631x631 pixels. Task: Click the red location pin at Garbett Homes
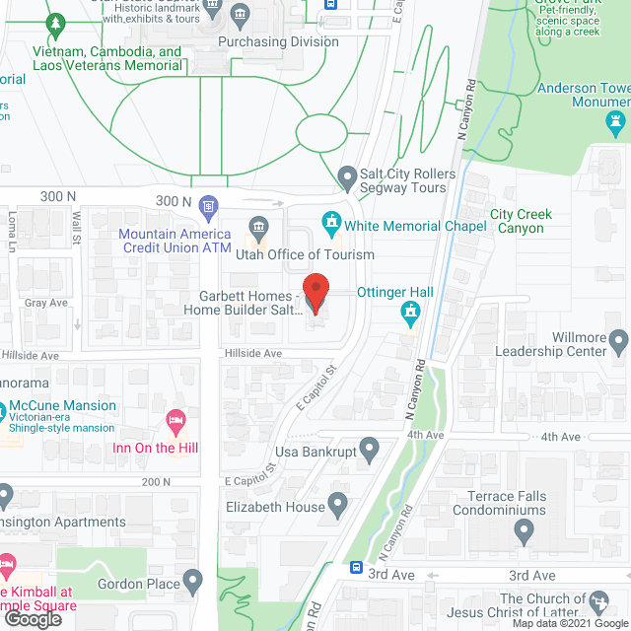point(315,293)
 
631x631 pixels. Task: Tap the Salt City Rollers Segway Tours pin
point(346,178)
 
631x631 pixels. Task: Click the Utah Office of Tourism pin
point(258,228)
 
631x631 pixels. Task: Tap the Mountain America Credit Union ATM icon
point(208,206)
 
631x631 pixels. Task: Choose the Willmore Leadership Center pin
point(618,343)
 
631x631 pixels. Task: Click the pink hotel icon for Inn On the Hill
point(176,421)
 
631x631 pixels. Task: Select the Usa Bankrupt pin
point(370,452)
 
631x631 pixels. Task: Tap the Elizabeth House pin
point(337,507)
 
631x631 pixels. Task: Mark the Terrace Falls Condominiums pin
point(525,533)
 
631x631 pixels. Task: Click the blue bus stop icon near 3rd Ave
point(356,568)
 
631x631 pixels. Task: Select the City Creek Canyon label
point(521,221)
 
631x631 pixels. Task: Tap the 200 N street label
point(156,481)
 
